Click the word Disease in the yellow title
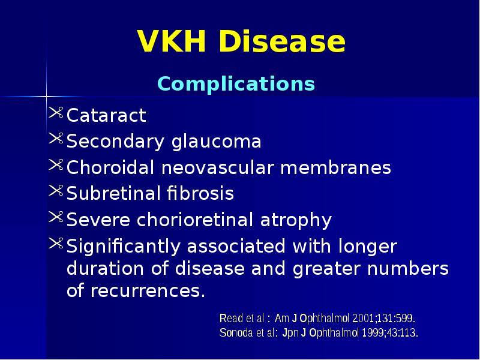(x=282, y=42)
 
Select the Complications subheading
(x=236, y=84)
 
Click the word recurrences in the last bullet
(x=149, y=292)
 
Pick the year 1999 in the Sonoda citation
(x=367, y=332)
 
